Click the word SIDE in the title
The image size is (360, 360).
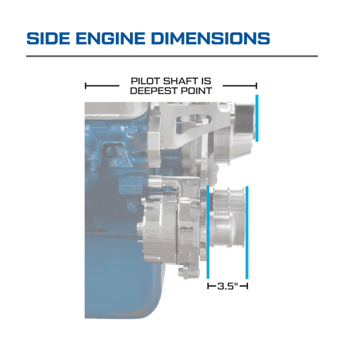click(48, 38)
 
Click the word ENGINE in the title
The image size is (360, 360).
click(110, 38)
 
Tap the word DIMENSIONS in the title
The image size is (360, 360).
click(210, 38)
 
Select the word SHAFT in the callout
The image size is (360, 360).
click(179, 81)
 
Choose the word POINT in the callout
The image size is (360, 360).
click(196, 91)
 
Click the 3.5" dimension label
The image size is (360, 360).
click(227, 286)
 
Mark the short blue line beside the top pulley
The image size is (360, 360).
click(257, 118)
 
